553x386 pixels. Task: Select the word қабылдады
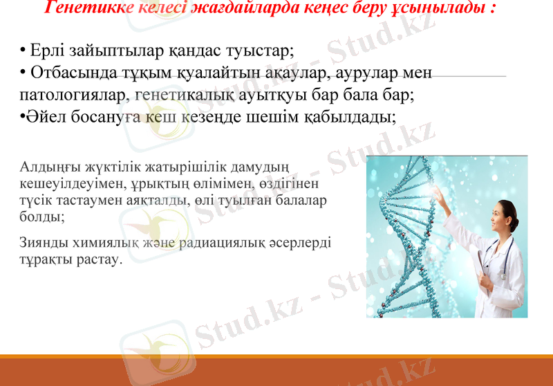pyautogui.click(x=349, y=116)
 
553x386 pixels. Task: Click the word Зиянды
pyautogui.click(x=46, y=243)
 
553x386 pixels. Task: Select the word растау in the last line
pyautogui.click(x=97, y=260)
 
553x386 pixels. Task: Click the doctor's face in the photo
pyautogui.click(x=504, y=218)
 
